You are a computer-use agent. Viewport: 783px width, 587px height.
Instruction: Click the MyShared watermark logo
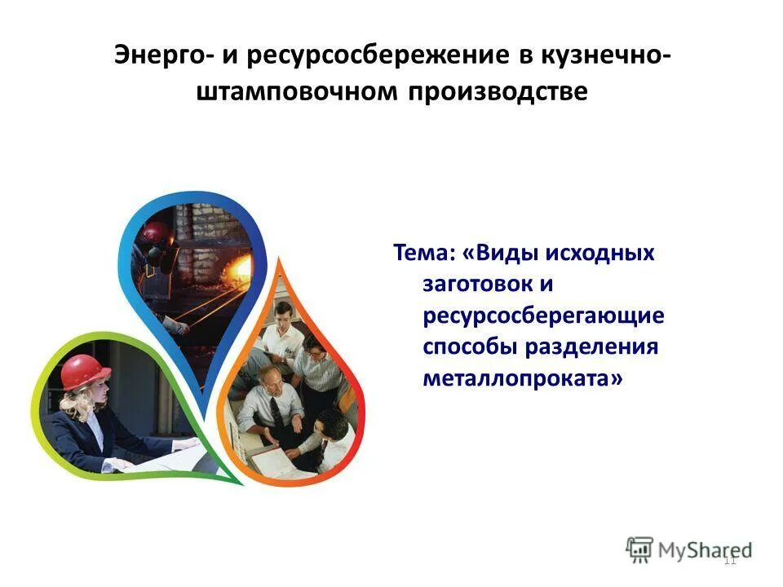689,549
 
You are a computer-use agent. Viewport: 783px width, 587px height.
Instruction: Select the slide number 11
729,559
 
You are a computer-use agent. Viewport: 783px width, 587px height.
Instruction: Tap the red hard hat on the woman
85,372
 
